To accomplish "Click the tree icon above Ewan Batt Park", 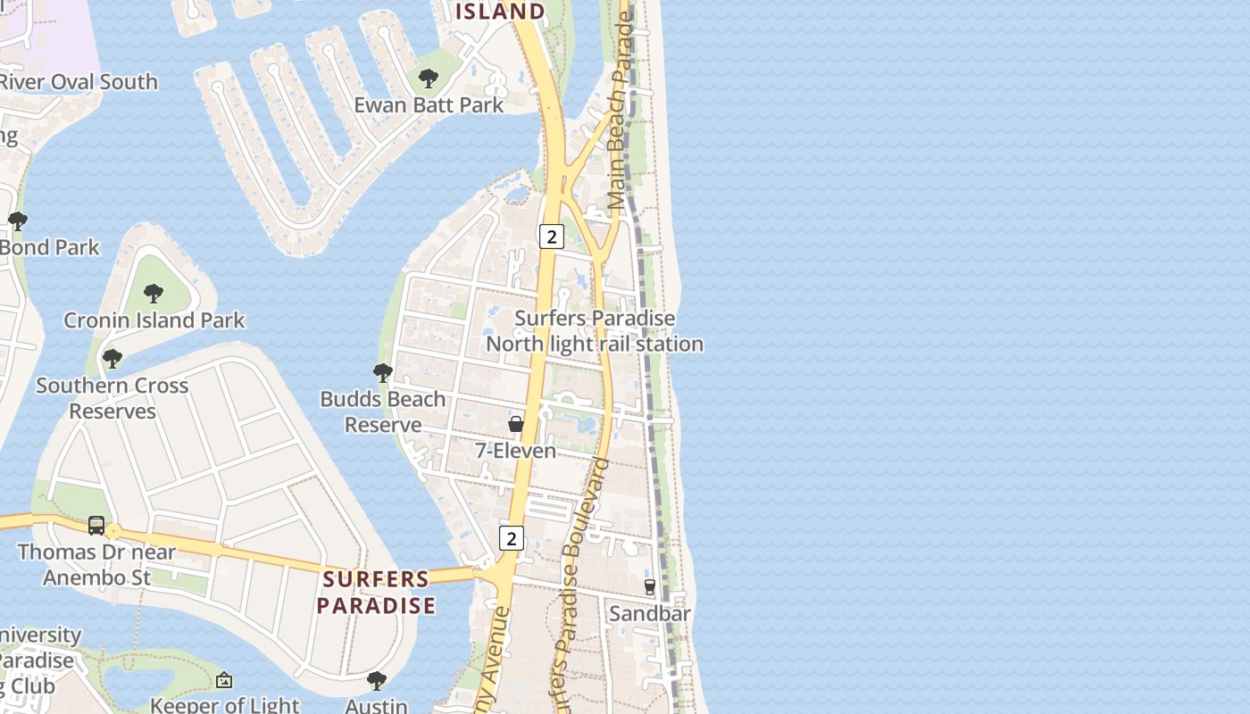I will [429, 79].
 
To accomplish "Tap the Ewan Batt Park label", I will [429, 105].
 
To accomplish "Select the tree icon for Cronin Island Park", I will [154, 293].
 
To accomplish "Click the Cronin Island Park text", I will [154, 320].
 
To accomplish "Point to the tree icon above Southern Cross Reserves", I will [112, 359].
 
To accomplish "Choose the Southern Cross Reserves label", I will [112, 398].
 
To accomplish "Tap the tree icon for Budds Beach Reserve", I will [383, 372].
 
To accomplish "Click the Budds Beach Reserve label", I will [383, 411].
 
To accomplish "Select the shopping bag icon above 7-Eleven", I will [516, 423].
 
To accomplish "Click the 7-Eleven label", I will [516, 451].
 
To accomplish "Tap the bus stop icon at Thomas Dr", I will [96, 525].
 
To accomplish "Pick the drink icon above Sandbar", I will [650, 586].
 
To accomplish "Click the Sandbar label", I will [650, 614].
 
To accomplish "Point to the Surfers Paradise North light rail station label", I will [595, 331].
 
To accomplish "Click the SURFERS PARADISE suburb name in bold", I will [376, 592].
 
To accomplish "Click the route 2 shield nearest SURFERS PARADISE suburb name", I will [511, 538].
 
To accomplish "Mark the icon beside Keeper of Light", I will [224, 681].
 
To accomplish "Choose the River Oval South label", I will [79, 82].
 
